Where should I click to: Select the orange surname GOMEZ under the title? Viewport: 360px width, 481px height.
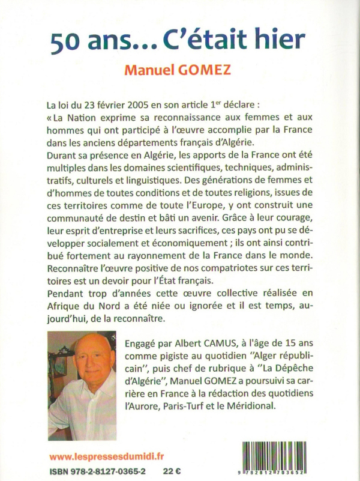click(211, 70)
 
